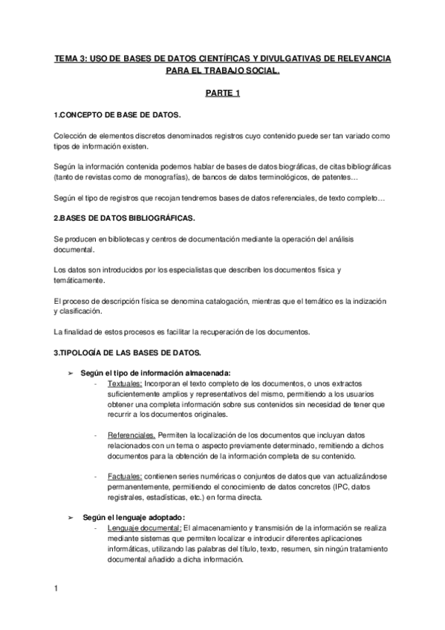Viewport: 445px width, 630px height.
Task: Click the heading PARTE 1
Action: tap(222, 94)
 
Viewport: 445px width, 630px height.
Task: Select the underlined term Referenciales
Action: tap(131, 433)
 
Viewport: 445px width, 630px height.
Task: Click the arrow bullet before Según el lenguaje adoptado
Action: tap(71, 516)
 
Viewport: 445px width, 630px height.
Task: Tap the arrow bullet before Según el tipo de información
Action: tap(71, 371)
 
